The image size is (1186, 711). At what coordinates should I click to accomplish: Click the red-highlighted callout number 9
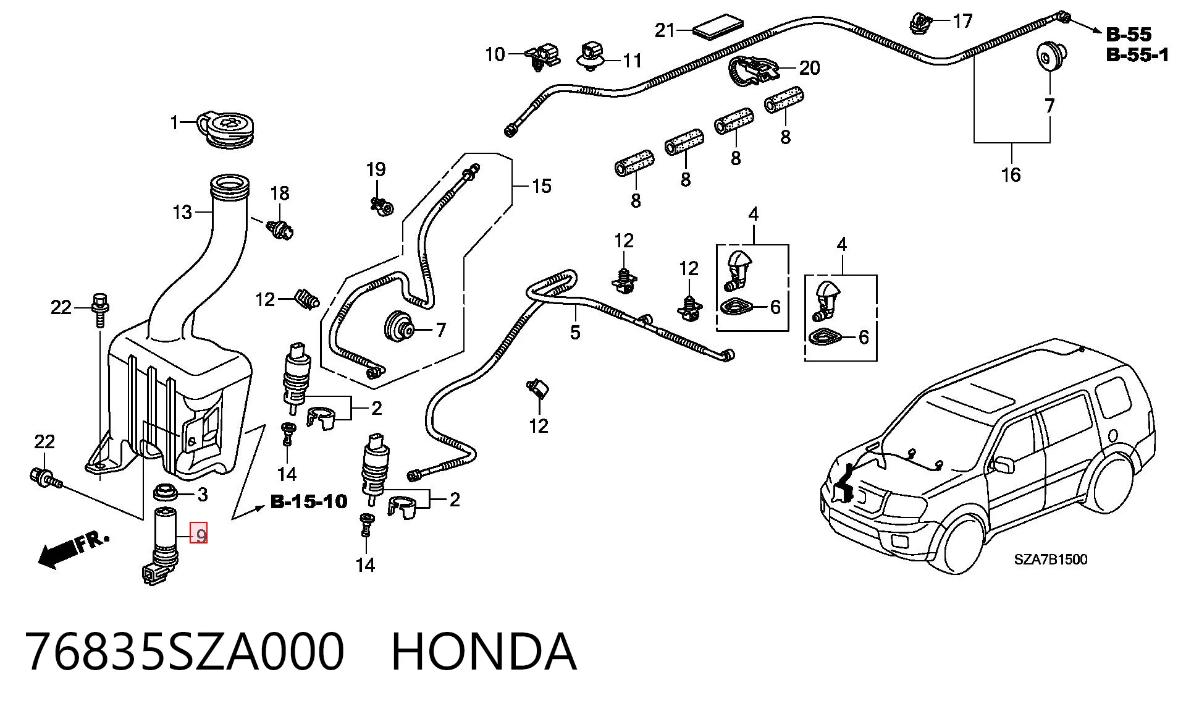(200, 533)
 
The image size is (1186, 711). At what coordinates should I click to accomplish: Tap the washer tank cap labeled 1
(229, 130)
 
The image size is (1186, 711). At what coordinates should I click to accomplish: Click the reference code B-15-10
(309, 501)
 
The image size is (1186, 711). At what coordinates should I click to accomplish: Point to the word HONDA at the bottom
(484, 652)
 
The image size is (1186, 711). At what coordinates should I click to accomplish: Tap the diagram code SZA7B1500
(1051, 560)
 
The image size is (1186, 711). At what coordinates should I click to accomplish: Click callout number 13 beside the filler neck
(182, 213)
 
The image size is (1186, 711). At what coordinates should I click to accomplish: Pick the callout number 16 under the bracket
(1011, 175)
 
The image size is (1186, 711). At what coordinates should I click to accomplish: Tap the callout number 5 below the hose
(575, 333)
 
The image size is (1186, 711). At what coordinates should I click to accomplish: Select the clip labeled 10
(542, 56)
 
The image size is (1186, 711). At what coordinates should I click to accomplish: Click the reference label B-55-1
(1137, 55)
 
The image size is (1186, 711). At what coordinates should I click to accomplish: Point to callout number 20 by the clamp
(809, 68)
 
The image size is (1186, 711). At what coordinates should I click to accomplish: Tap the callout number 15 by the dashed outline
(541, 186)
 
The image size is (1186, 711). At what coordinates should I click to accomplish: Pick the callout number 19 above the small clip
(376, 169)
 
